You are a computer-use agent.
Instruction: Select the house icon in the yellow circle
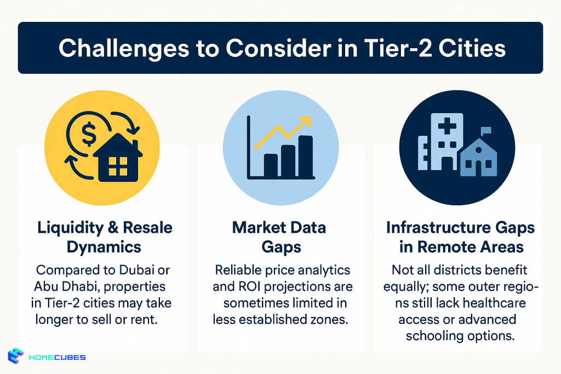coord(118,159)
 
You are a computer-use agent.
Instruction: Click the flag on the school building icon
coord(485,131)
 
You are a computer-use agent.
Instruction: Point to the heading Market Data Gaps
coord(280,237)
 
